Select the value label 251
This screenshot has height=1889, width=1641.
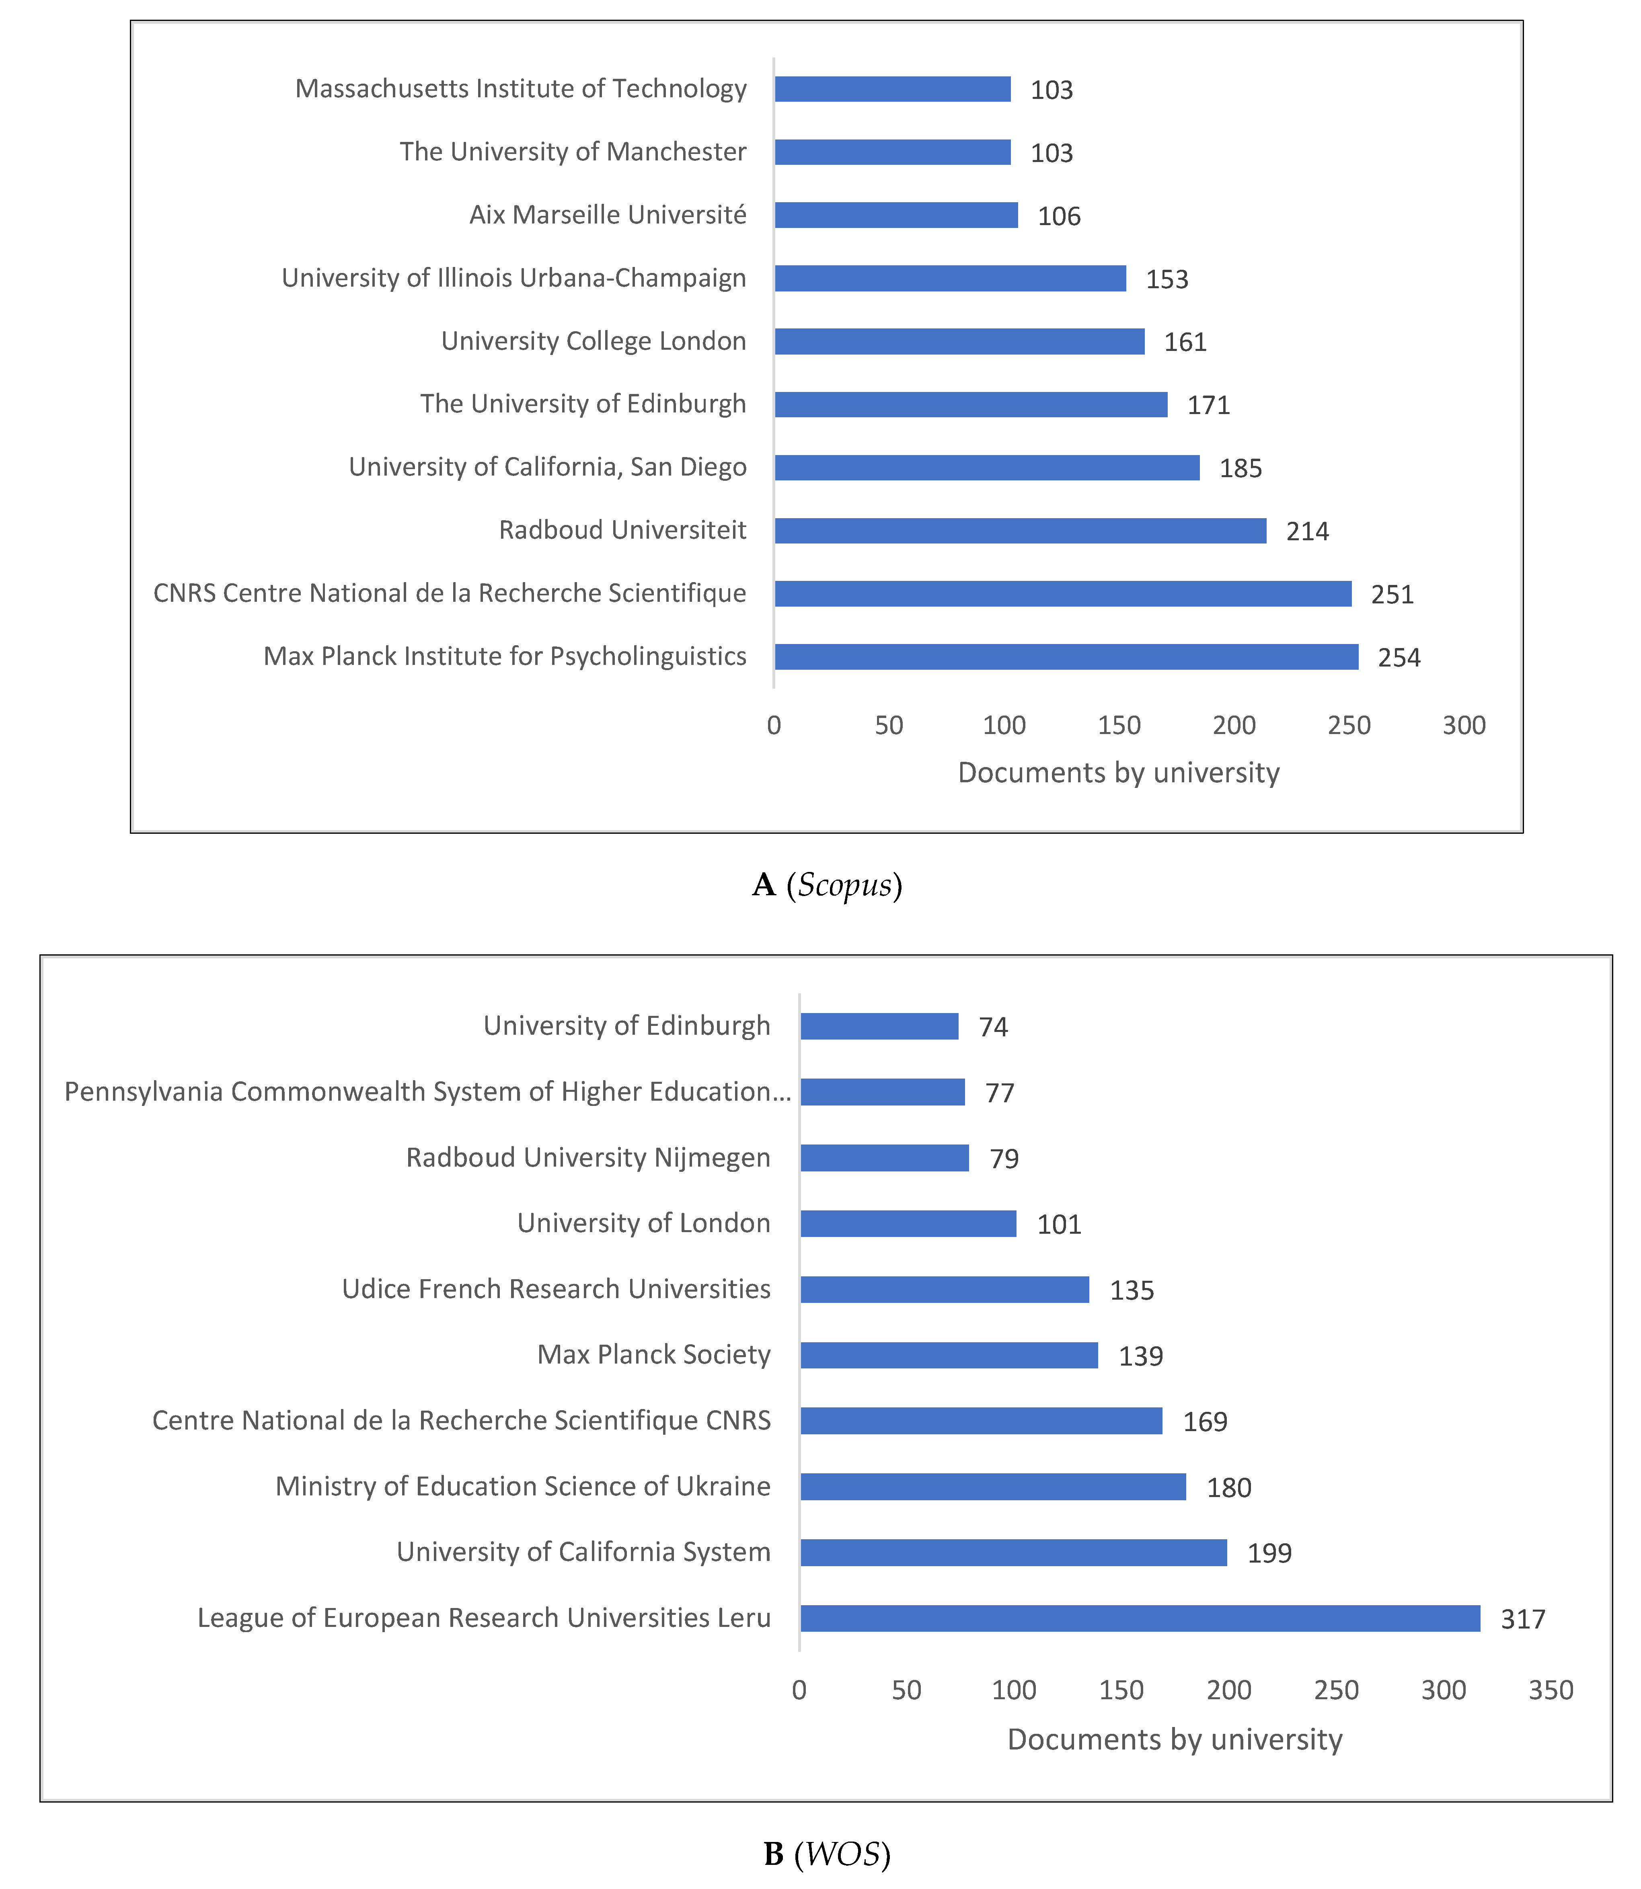pos(1392,594)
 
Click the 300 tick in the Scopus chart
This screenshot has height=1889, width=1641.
pos(1463,725)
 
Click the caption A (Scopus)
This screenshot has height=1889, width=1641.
pos(827,884)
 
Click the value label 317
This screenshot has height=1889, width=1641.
pos(1522,1619)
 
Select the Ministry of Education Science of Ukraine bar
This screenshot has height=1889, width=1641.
pos(993,1486)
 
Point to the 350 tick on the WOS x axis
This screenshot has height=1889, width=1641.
pos(1551,1689)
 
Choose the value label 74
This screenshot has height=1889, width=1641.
pos(993,1026)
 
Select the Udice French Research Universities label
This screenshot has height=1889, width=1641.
pos(556,1288)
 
